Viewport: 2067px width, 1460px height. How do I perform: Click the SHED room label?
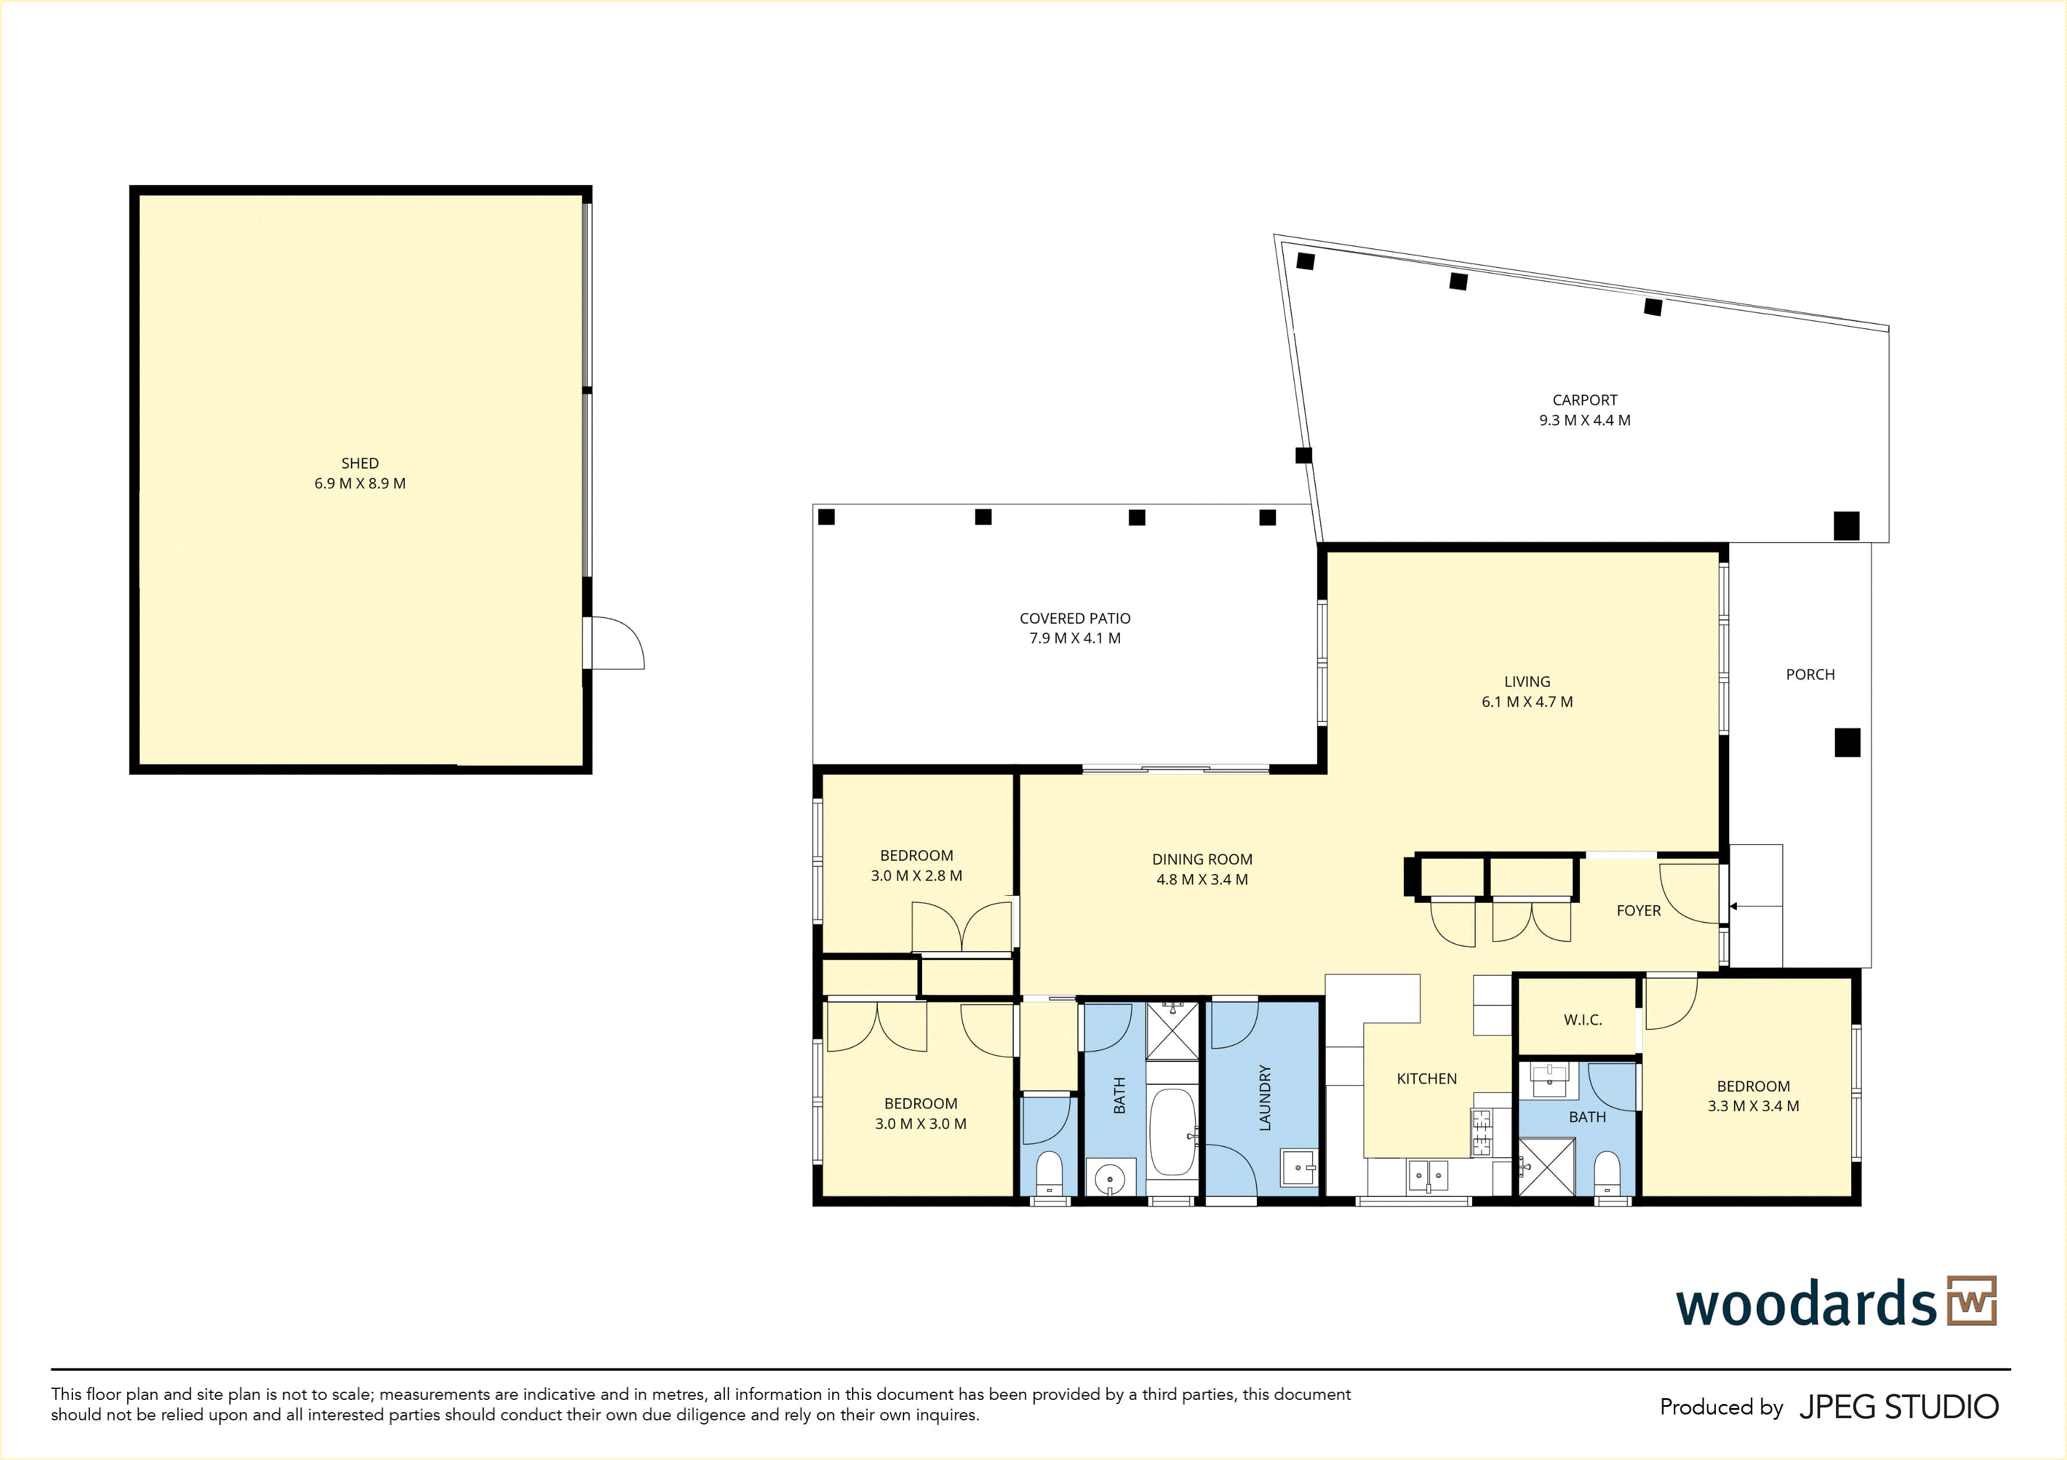pos(359,463)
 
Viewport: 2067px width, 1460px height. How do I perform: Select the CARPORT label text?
pos(1585,400)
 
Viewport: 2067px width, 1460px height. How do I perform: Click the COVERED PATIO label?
pos(1075,619)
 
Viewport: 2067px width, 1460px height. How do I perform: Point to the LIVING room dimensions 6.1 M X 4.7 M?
pos(1527,701)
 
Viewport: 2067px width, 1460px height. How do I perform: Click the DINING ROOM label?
pos(1202,859)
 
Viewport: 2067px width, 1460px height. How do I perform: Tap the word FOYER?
pos(1638,910)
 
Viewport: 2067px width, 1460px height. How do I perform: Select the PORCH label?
pos(1810,675)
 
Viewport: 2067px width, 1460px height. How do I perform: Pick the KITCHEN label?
pos(1426,1078)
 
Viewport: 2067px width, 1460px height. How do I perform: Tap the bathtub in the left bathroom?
pos(1172,1132)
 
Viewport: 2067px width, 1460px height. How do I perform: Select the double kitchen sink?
pos(1428,1175)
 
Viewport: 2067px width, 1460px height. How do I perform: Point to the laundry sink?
pos(1299,1168)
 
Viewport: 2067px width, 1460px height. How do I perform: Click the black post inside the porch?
pos(1847,742)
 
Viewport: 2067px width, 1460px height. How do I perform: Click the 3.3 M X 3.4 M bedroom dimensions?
pos(1753,1106)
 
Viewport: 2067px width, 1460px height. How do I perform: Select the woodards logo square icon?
pos(1971,1301)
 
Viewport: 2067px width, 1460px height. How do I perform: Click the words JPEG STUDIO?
pos(1898,1407)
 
